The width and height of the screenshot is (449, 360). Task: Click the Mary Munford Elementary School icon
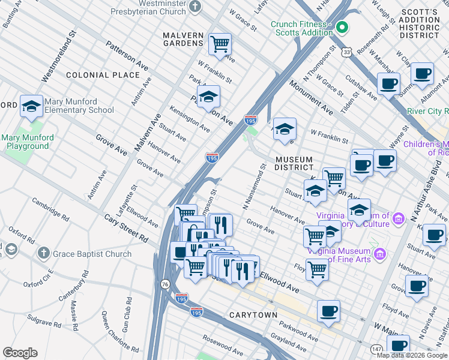(x=31, y=106)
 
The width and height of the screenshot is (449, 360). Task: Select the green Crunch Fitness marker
(x=342, y=27)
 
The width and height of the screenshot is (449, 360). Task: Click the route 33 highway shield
(x=346, y=53)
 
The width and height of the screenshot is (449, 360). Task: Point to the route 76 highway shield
(x=165, y=284)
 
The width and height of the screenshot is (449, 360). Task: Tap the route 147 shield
(x=376, y=349)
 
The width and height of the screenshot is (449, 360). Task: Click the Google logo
(x=20, y=353)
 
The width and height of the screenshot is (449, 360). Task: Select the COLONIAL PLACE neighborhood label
(x=103, y=75)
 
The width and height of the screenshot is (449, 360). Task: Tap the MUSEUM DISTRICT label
(x=294, y=163)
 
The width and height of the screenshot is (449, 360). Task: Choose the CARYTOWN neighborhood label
(x=253, y=315)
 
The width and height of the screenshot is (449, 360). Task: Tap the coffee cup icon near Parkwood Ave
(x=328, y=311)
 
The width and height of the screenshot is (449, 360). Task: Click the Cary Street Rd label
(x=126, y=229)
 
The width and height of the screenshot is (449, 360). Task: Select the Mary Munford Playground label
(x=28, y=142)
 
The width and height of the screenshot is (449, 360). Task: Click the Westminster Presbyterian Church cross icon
(x=194, y=7)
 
